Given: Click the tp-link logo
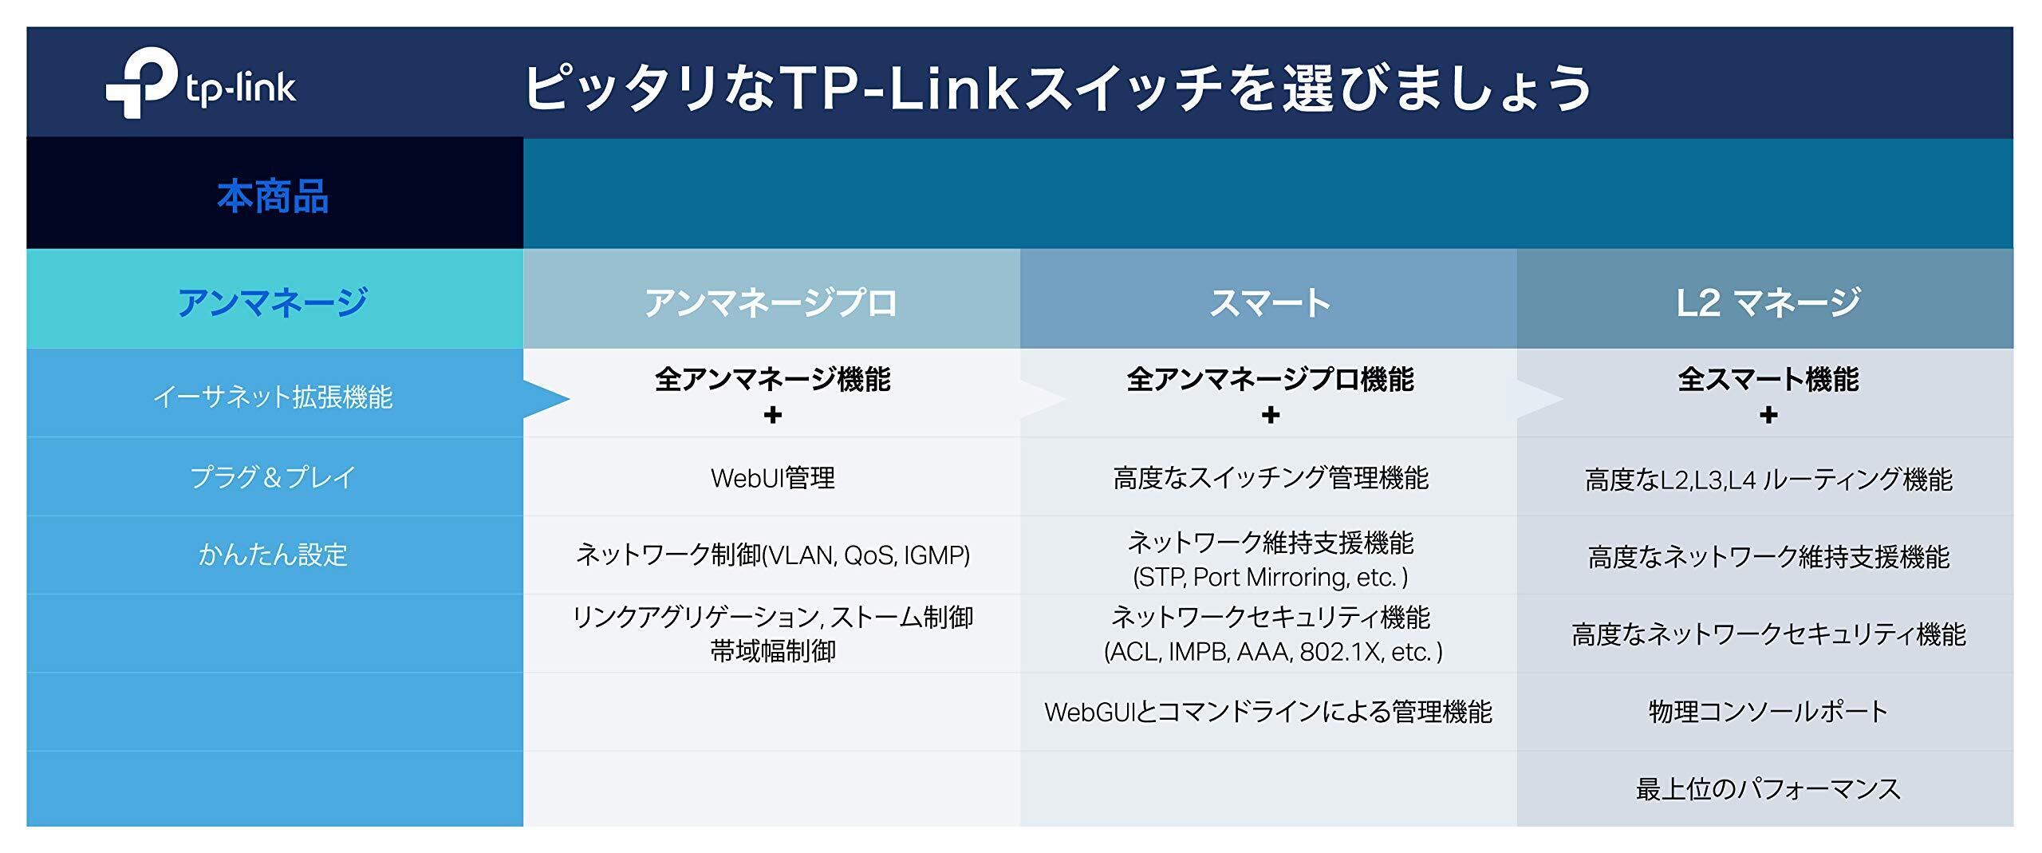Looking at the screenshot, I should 200,84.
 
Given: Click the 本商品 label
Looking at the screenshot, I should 273,196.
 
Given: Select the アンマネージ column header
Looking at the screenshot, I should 273,302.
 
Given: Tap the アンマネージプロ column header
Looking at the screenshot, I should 771,302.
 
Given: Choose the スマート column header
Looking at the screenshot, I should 1270,302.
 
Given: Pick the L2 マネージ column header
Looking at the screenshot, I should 1768,302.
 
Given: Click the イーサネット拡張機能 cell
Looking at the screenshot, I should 273,397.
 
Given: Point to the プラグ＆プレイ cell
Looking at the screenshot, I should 273,477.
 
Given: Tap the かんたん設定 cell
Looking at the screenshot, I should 273,555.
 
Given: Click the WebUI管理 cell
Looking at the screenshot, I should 772,478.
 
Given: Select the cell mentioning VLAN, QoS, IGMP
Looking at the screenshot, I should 772,555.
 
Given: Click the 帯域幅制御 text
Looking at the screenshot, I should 772,652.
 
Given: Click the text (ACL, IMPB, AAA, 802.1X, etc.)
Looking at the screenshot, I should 1273,652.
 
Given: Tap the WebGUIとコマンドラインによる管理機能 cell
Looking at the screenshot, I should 1268,712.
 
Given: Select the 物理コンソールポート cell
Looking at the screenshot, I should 1768,712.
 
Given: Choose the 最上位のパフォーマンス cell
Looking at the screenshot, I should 1768,789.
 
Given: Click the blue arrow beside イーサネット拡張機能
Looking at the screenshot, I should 546,399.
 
